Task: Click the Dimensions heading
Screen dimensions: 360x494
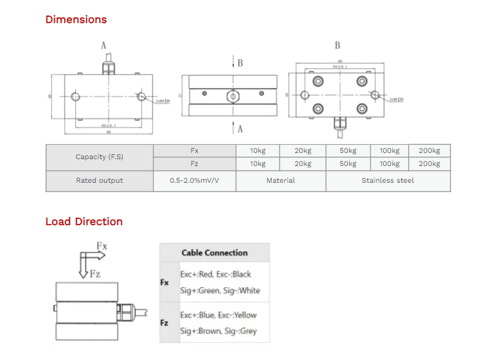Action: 76,19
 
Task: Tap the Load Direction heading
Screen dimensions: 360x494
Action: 84,221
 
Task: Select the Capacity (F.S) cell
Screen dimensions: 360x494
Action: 99,157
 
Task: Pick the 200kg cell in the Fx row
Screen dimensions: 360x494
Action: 429,150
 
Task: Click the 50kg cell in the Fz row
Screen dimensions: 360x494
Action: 348,164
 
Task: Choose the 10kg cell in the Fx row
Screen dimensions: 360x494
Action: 258,150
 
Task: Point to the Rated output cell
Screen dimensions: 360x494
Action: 99,180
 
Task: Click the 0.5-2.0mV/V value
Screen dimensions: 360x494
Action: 194,180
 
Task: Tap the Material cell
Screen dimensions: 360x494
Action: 281,180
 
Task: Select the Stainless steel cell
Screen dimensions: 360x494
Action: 388,180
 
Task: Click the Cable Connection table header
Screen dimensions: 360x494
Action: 214,252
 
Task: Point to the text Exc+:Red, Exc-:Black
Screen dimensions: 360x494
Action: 215,274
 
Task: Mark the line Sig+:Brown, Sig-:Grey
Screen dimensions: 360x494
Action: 218,331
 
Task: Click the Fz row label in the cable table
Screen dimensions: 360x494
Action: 164,323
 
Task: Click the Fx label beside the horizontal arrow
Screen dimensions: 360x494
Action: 102,246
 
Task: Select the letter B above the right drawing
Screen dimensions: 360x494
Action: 337,45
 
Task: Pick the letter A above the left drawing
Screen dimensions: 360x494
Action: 103,45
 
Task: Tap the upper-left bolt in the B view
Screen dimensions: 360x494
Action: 319,81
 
